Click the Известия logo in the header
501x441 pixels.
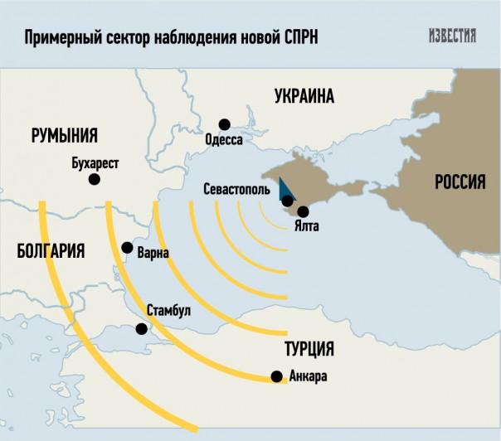coord(453,36)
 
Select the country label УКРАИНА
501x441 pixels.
coord(304,97)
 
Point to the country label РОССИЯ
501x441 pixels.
coord(460,183)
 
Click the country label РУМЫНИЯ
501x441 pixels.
coord(65,136)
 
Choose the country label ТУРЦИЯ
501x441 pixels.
coord(309,347)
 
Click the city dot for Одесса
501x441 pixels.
coord(224,124)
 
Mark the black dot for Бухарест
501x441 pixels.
coord(95,179)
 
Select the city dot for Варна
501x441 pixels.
coord(127,247)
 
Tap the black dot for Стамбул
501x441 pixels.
coord(141,328)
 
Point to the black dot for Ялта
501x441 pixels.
coord(304,211)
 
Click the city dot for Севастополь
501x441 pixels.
coord(287,201)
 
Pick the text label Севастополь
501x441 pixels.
coord(236,189)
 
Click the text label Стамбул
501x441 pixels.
coord(168,311)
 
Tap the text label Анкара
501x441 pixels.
coord(309,377)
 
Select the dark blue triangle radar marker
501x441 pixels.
coord(283,188)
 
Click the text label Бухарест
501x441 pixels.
coord(96,163)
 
